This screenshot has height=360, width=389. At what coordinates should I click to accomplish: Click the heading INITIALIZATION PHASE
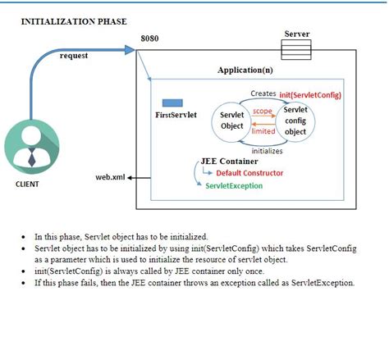(x=73, y=21)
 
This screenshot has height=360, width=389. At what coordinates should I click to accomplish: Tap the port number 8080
(x=149, y=39)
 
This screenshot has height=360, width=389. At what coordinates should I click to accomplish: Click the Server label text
(x=296, y=34)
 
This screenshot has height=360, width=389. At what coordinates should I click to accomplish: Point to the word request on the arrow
(x=75, y=56)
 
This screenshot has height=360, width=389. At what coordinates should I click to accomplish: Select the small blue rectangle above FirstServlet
(x=172, y=103)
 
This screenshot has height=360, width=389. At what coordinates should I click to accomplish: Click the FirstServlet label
(x=176, y=116)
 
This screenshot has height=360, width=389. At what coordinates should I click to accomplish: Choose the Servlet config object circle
(x=295, y=121)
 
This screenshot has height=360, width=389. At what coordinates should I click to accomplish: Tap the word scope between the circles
(x=262, y=111)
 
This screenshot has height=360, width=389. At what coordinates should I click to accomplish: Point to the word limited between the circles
(x=263, y=130)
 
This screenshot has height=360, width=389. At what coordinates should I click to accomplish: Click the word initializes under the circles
(x=267, y=151)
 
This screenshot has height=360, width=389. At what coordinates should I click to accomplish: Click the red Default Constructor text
(x=249, y=173)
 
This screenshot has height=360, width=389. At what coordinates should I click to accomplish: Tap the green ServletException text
(x=234, y=186)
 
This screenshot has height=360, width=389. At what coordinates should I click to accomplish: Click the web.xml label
(x=110, y=176)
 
